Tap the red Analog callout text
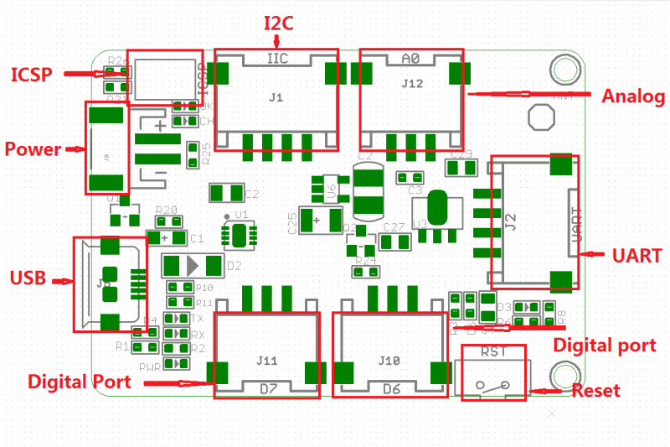632,96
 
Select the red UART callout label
636,256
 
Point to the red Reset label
595,391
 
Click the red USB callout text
28,278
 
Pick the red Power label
33,150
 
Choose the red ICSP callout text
32,75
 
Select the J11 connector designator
267,361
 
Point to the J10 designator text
389,361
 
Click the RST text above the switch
490,354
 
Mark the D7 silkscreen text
268,389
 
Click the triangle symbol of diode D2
195,266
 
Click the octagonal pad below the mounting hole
541,117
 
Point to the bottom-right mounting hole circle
562,375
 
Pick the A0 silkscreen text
410,59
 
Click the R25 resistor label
206,153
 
